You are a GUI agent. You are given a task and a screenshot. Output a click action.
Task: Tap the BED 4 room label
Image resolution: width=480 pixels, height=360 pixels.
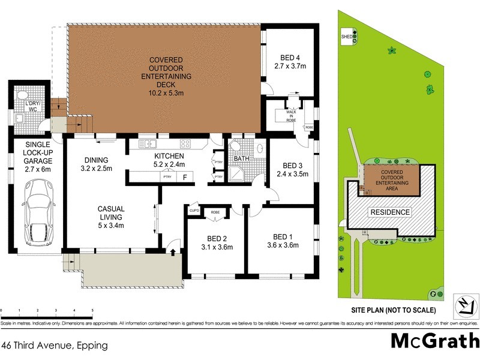pyautogui.click(x=290, y=61)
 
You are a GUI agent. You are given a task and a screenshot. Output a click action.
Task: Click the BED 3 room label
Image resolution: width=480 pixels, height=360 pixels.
pyautogui.click(x=291, y=170)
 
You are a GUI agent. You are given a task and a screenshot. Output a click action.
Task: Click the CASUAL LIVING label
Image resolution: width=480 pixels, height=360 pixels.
pyautogui.click(x=111, y=218)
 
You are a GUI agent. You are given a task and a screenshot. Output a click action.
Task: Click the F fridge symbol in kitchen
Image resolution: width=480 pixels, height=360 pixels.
pyautogui.click(x=185, y=177)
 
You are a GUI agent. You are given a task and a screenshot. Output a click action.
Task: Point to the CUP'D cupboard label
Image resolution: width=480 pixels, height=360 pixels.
pyautogui.click(x=194, y=211)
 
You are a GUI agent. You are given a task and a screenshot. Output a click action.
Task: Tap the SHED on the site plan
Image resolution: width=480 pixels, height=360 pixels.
pyautogui.click(x=347, y=36)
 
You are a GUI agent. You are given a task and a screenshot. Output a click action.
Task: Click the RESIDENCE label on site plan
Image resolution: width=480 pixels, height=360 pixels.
pyautogui.click(x=389, y=212)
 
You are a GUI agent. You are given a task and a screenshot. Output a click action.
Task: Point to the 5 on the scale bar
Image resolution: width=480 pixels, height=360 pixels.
pyautogui.click(x=92, y=310)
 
